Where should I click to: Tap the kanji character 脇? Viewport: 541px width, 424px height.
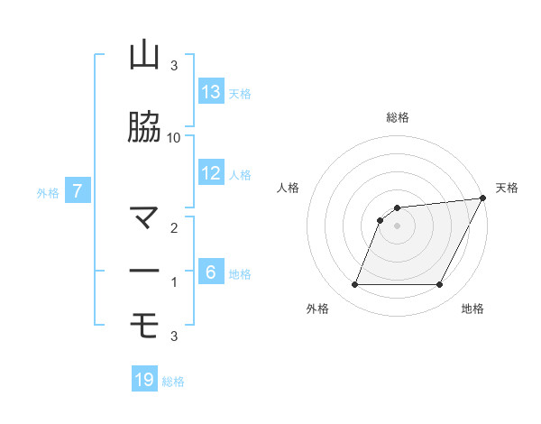coord(144,129)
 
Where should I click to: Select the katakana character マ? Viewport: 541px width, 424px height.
coord(144,217)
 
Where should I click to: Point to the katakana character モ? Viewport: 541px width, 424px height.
coord(144,323)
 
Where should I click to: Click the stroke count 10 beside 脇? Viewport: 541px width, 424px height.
coord(174,137)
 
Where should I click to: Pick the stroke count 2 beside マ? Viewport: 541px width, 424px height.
coord(174,228)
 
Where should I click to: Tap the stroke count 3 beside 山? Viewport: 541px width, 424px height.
coord(174,66)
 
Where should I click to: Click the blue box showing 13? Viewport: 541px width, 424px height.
coord(211,92)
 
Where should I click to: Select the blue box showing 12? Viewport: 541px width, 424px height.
coord(211,173)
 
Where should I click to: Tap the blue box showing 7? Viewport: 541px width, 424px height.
coord(78,191)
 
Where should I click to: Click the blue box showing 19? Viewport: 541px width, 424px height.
coord(144,380)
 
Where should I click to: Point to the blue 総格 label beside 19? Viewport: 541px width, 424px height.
coord(173,382)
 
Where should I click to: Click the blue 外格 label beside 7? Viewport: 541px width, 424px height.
coord(48,192)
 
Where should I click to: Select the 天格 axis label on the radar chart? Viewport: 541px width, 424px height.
coord(507,188)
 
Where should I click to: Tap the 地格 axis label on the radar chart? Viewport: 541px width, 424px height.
coord(472,309)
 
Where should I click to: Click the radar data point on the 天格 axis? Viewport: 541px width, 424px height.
coord(482,198)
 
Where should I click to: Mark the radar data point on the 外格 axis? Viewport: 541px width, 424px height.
coord(354,285)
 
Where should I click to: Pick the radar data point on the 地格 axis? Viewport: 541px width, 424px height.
coord(440,285)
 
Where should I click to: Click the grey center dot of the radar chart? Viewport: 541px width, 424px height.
coord(397,226)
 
